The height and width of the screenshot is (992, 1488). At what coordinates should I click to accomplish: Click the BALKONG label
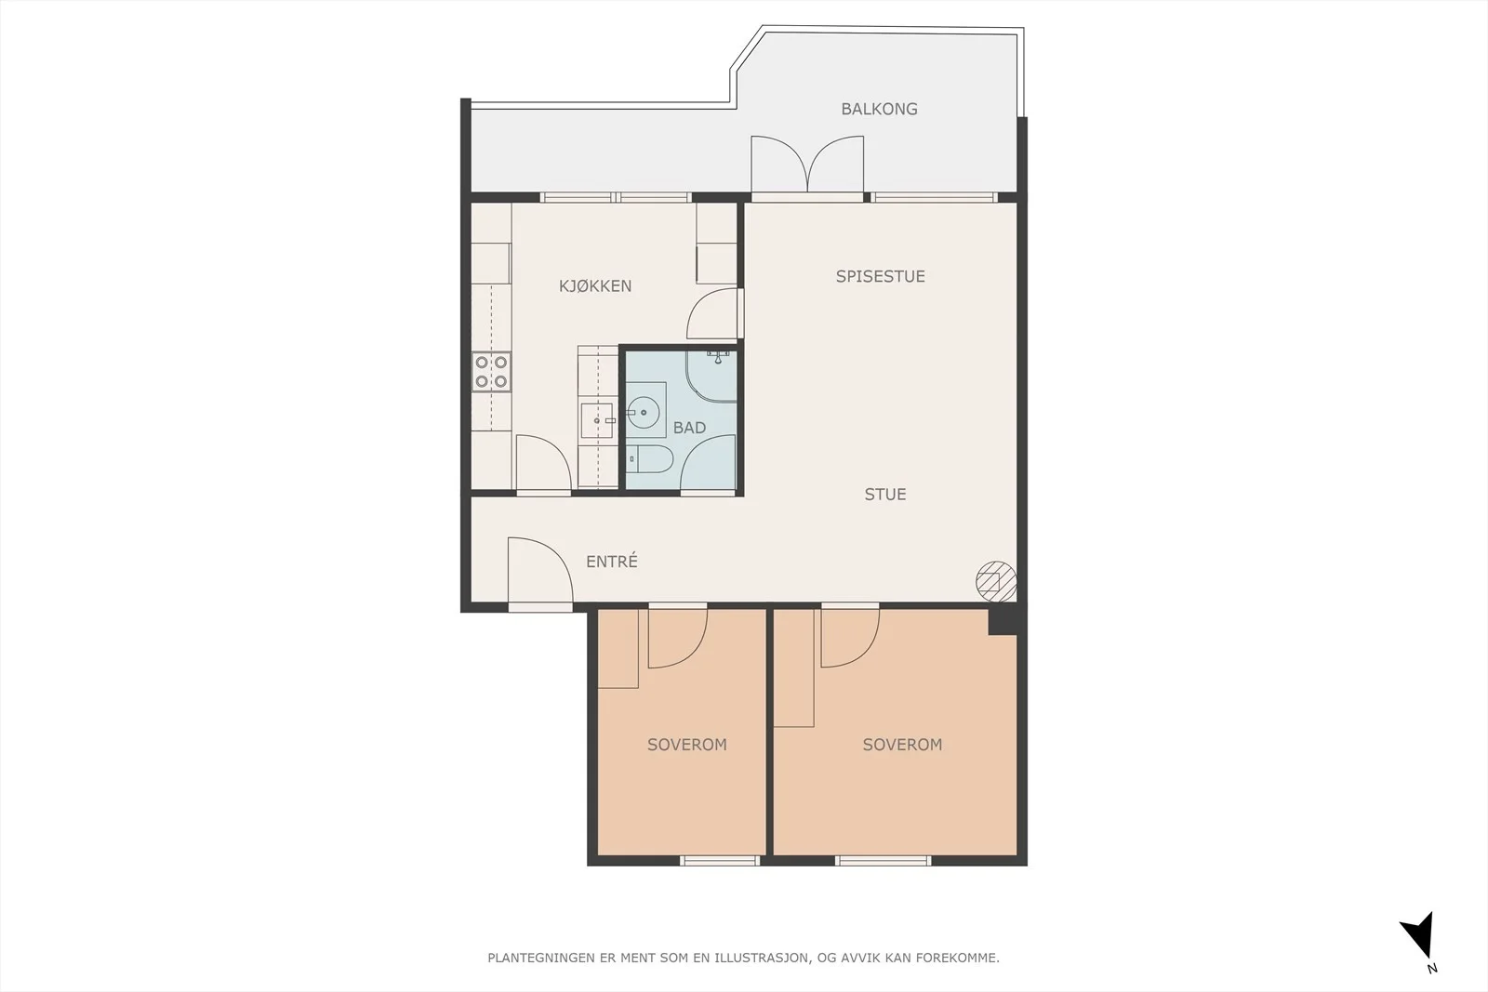click(879, 109)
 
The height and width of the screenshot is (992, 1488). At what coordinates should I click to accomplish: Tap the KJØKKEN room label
click(595, 285)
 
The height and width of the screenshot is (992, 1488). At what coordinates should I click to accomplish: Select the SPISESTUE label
click(880, 276)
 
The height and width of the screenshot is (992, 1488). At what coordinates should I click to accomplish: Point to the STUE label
click(884, 494)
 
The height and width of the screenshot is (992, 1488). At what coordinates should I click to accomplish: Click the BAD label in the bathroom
click(689, 428)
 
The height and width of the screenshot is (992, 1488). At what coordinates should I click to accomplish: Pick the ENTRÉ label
click(612, 561)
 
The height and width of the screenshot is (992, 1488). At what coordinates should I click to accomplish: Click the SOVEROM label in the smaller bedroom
click(687, 745)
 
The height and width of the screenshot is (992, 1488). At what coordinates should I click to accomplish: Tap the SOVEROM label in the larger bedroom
click(902, 745)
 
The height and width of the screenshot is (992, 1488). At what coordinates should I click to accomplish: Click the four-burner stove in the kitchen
click(492, 372)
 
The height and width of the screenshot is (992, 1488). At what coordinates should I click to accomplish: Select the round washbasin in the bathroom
click(643, 413)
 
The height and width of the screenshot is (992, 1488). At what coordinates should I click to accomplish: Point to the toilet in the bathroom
click(650, 459)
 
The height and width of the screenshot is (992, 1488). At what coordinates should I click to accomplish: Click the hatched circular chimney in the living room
click(996, 582)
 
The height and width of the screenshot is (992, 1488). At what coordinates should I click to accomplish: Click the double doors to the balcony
click(807, 166)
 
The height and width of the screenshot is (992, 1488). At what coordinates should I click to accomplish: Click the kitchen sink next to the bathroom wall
click(597, 420)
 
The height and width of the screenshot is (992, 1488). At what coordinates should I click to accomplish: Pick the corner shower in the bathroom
click(711, 376)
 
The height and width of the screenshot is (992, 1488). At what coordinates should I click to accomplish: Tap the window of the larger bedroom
click(883, 861)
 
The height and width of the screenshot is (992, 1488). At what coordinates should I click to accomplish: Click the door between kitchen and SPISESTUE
click(715, 313)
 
